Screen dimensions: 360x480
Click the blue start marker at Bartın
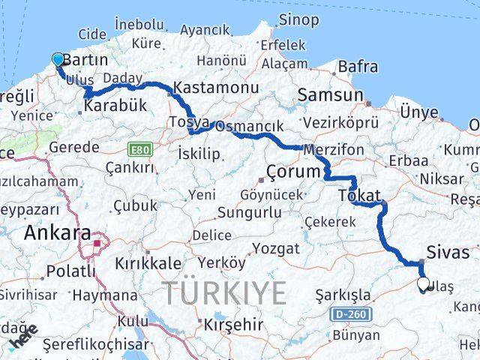(x=58, y=60)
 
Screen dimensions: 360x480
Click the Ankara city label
(x=57, y=232)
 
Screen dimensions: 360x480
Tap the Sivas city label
(x=448, y=251)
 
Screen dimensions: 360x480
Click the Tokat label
(x=359, y=194)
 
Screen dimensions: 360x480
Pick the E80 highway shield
(x=139, y=149)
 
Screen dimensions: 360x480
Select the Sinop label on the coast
(x=298, y=20)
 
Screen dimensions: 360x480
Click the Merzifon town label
(x=334, y=150)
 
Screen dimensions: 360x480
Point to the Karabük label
(x=115, y=106)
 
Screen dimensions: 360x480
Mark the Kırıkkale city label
(x=148, y=263)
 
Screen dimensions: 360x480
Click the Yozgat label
(x=275, y=248)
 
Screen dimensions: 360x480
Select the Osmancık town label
(x=249, y=127)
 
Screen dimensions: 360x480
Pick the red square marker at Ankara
(x=97, y=243)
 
